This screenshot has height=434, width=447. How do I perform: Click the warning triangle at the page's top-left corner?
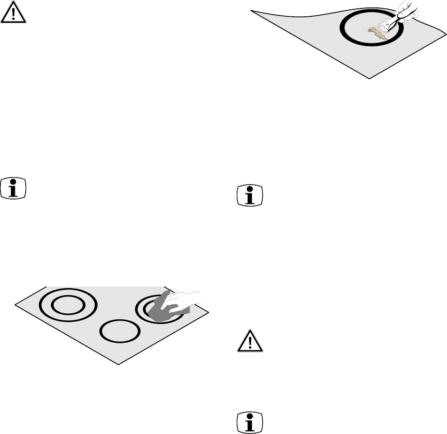point(14,14)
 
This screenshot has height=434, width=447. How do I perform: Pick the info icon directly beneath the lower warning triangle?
point(250,424)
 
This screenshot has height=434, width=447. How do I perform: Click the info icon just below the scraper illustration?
point(250,195)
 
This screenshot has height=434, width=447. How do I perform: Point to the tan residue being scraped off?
point(378,32)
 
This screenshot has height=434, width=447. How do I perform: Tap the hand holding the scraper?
point(404,10)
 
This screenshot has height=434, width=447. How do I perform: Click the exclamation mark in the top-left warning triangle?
point(14,15)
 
